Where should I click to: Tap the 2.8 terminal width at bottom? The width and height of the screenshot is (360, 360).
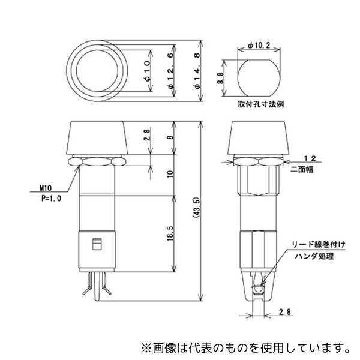click(286, 311)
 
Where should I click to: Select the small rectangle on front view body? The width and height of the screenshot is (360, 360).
click(96, 244)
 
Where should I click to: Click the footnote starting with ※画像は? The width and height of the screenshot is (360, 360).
click(245, 346)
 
